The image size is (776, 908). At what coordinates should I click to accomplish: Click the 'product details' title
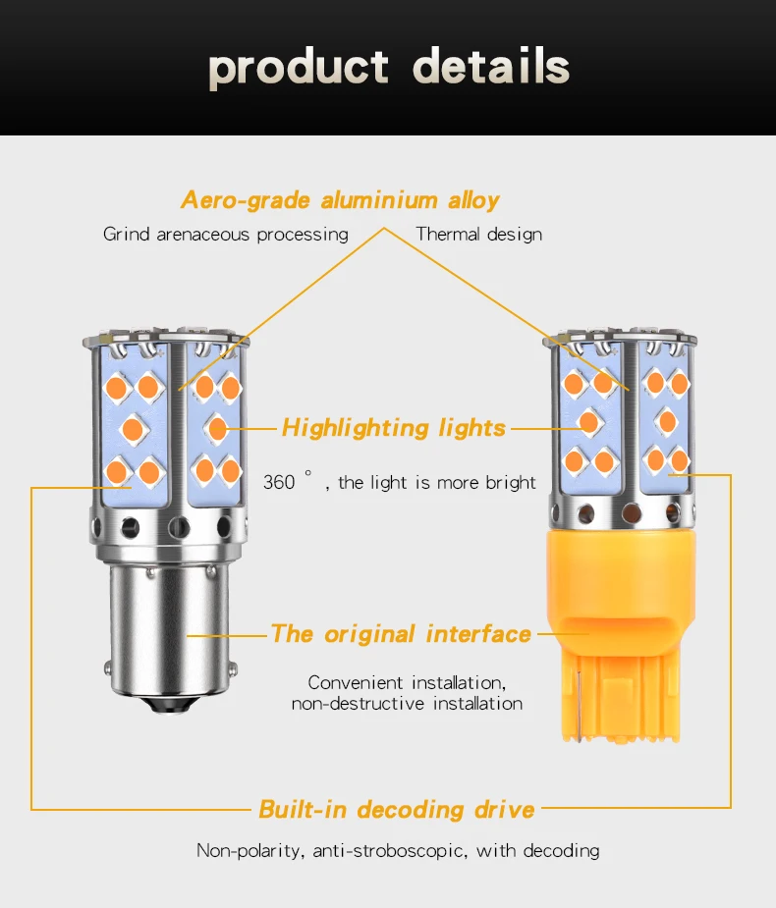(389, 68)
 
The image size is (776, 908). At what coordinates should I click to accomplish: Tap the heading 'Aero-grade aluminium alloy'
(340, 200)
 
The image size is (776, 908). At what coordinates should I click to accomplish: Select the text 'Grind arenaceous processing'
(226, 235)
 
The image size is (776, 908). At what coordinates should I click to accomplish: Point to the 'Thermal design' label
(479, 235)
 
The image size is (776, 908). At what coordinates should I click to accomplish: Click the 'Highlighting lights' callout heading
(394, 429)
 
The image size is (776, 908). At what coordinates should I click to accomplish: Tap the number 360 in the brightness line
(279, 482)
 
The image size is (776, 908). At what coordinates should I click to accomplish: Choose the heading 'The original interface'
(401, 634)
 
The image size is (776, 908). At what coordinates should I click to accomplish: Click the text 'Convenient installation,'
(407, 683)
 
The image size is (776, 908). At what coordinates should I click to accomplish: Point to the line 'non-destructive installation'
(407, 704)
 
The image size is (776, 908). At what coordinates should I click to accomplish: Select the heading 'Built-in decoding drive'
(397, 810)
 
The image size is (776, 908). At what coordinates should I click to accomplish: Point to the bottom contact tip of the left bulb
(170, 706)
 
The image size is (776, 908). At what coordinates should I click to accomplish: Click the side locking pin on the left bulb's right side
(233, 669)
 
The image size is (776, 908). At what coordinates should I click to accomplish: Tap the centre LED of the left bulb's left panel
(134, 430)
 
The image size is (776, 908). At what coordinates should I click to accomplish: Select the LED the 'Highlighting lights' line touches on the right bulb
(588, 422)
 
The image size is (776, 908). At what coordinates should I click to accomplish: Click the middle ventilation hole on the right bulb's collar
(631, 513)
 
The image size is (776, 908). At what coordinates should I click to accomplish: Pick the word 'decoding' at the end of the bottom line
(561, 851)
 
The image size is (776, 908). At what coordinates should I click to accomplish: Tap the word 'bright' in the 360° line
(510, 482)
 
